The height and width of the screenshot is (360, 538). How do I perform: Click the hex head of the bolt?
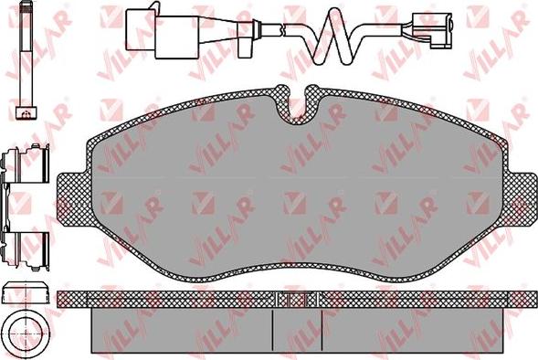[x=26, y=113]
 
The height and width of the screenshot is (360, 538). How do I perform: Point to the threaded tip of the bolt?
[x=26, y=11]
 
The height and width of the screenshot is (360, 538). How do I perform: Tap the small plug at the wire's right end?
[x=432, y=30]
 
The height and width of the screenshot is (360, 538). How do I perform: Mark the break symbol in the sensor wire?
[x=282, y=29]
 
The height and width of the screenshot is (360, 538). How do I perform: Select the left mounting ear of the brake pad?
[x=73, y=200]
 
